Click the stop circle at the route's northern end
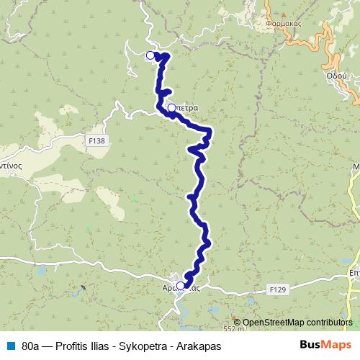coord(150,55)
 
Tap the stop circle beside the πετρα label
coord(171,109)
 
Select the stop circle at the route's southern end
coord(181,285)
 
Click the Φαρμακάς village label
coord(282,22)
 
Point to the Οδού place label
coord(336,75)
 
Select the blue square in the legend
coord(9,345)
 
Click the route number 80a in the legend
coord(30,345)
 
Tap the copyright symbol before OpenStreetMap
coord(237,323)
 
